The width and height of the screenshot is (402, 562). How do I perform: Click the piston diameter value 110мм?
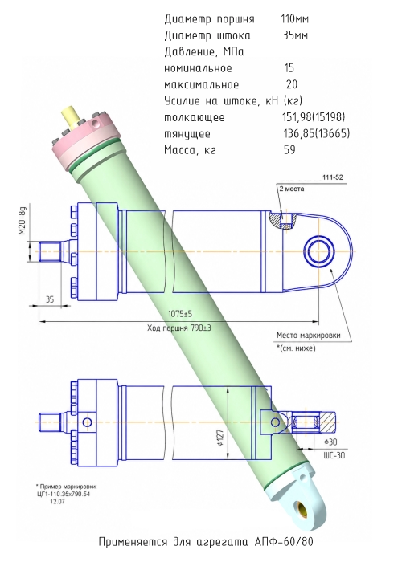click(295, 18)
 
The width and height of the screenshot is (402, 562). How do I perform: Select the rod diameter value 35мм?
click(295, 35)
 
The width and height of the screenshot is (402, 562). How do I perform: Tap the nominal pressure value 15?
click(289, 68)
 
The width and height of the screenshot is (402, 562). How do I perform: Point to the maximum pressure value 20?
click(292, 84)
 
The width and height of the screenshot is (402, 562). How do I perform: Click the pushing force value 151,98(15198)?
click(314, 117)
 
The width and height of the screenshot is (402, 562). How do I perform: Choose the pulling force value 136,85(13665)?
click(316, 134)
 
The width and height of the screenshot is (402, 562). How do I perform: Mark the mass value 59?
click(289, 149)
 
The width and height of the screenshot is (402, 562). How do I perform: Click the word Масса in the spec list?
click(180, 150)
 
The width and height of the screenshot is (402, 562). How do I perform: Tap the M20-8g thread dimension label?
click(23, 223)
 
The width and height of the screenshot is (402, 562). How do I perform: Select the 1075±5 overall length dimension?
click(180, 314)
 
